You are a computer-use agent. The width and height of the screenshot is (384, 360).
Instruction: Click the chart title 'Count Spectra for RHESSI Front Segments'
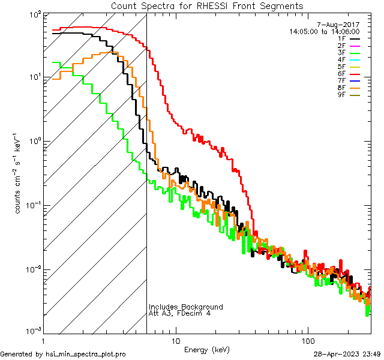click(x=207, y=5)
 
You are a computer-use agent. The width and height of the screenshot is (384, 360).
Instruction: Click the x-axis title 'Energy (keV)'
click(x=206, y=349)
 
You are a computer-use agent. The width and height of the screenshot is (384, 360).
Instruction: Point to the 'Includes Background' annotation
click(x=186, y=307)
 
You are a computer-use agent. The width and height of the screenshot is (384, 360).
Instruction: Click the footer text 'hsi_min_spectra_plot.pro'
click(x=86, y=355)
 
